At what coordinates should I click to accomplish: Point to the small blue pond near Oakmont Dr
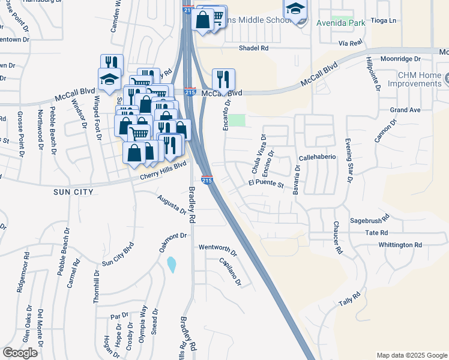click(172, 263)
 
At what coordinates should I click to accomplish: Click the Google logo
click(20, 353)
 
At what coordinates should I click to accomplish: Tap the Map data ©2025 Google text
click(411, 355)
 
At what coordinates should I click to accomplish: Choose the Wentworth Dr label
click(218, 247)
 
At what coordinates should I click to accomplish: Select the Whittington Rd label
click(400, 245)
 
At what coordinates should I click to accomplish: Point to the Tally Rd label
click(349, 298)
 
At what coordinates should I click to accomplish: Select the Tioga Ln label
click(384, 20)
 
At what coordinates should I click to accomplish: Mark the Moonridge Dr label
click(400, 59)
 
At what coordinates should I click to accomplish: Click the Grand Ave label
click(405, 110)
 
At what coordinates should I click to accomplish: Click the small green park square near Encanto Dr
click(239, 120)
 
